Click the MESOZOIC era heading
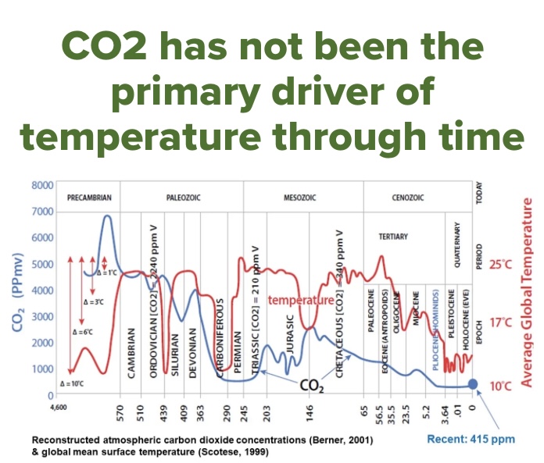pyautogui.click(x=299, y=198)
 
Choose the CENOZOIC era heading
pyautogui.click(x=407, y=198)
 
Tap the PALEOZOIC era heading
pyautogui.click(x=184, y=198)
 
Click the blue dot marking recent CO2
pyautogui.click(x=472, y=383)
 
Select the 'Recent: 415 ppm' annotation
pyautogui.click(x=471, y=439)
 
